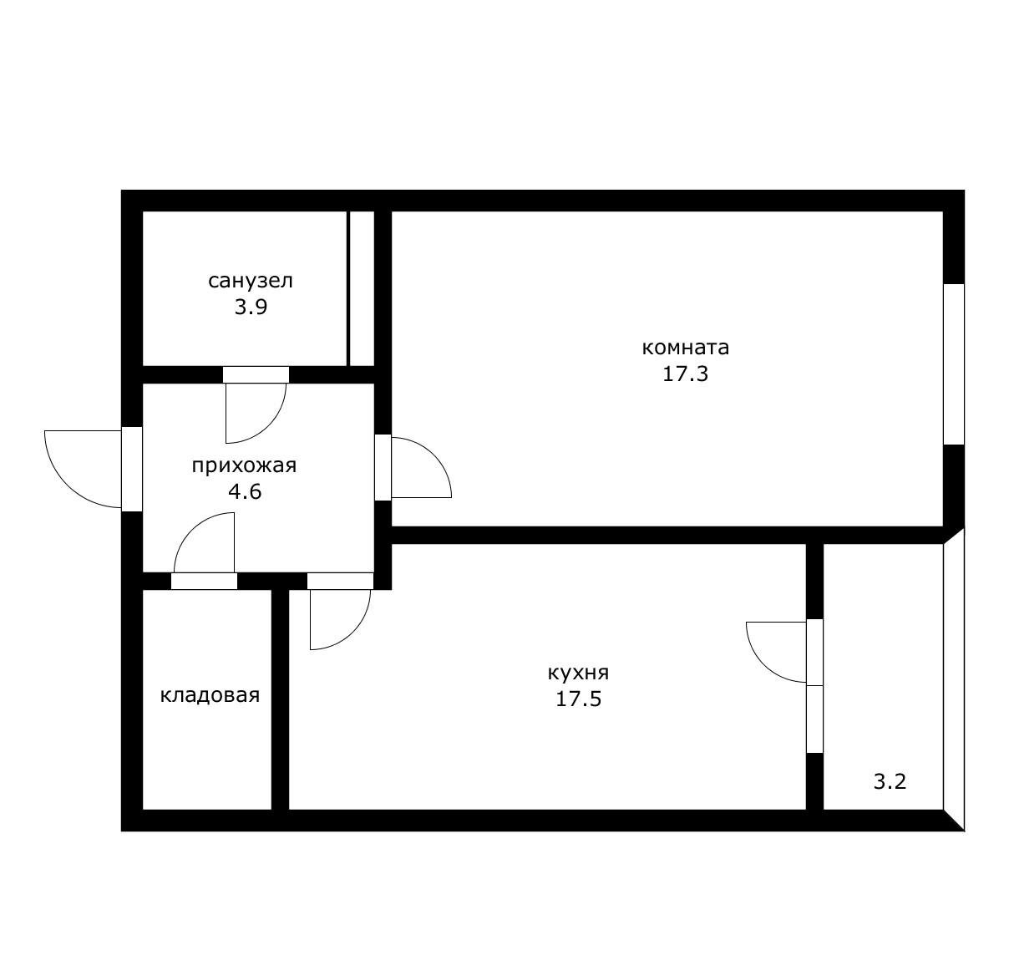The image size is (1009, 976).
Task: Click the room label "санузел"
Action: [251, 281]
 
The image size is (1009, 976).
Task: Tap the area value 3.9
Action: [251, 307]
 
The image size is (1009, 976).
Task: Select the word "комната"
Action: [686, 348]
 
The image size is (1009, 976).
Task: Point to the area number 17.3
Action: [686, 374]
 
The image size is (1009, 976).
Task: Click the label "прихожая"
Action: [244, 465]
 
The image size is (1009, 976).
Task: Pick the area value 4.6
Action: [246, 491]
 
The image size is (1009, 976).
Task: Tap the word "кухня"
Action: [578, 674]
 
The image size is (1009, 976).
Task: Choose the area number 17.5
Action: [579, 699]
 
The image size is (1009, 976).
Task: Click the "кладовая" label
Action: [210, 695]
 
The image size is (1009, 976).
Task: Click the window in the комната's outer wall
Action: [954, 364]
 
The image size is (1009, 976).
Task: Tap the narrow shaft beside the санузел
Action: [362, 288]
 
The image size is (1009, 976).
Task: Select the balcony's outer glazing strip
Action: [954, 680]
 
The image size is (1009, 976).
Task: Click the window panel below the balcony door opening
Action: [814, 719]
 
